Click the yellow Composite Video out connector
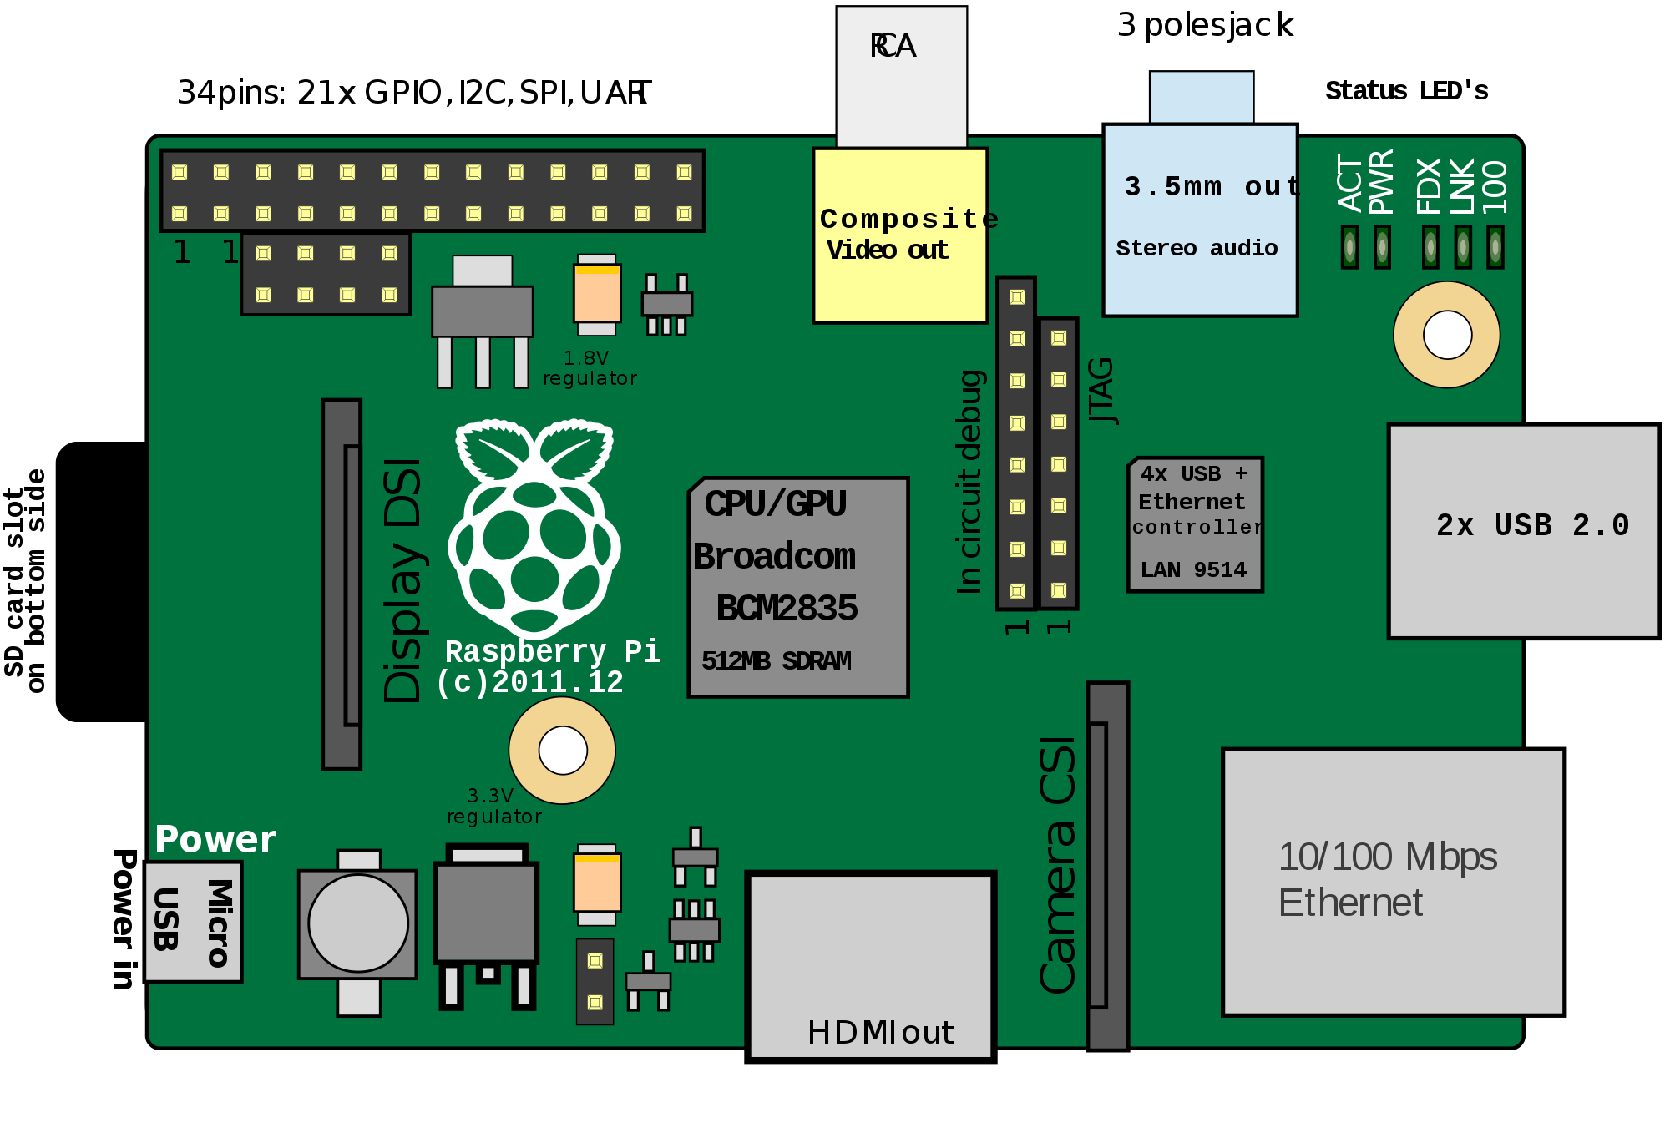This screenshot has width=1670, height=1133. click(x=900, y=235)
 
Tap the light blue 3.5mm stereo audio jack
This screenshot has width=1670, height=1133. click(x=1200, y=220)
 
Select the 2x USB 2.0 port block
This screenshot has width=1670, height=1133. click(x=1524, y=531)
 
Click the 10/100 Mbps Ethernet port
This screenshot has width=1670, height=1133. click(x=1393, y=882)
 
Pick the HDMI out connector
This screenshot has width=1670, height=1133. click(x=871, y=967)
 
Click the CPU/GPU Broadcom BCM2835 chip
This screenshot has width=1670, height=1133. click(x=797, y=587)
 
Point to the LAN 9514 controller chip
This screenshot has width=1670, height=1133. click(x=1195, y=524)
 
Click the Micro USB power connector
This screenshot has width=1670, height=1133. click(x=193, y=922)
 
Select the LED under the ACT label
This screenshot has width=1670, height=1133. click(x=1349, y=247)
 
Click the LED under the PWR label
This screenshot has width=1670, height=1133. click(x=1382, y=247)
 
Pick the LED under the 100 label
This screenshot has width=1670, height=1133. click(x=1495, y=247)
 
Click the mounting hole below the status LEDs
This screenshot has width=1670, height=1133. click(x=1446, y=335)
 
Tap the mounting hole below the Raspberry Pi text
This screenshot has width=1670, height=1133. click(x=562, y=750)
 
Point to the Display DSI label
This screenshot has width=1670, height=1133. click(x=402, y=580)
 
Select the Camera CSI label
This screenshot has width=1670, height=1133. click(x=1057, y=865)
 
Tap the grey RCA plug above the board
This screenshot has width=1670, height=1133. click(x=901, y=75)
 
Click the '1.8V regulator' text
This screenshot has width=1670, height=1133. click(x=590, y=368)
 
